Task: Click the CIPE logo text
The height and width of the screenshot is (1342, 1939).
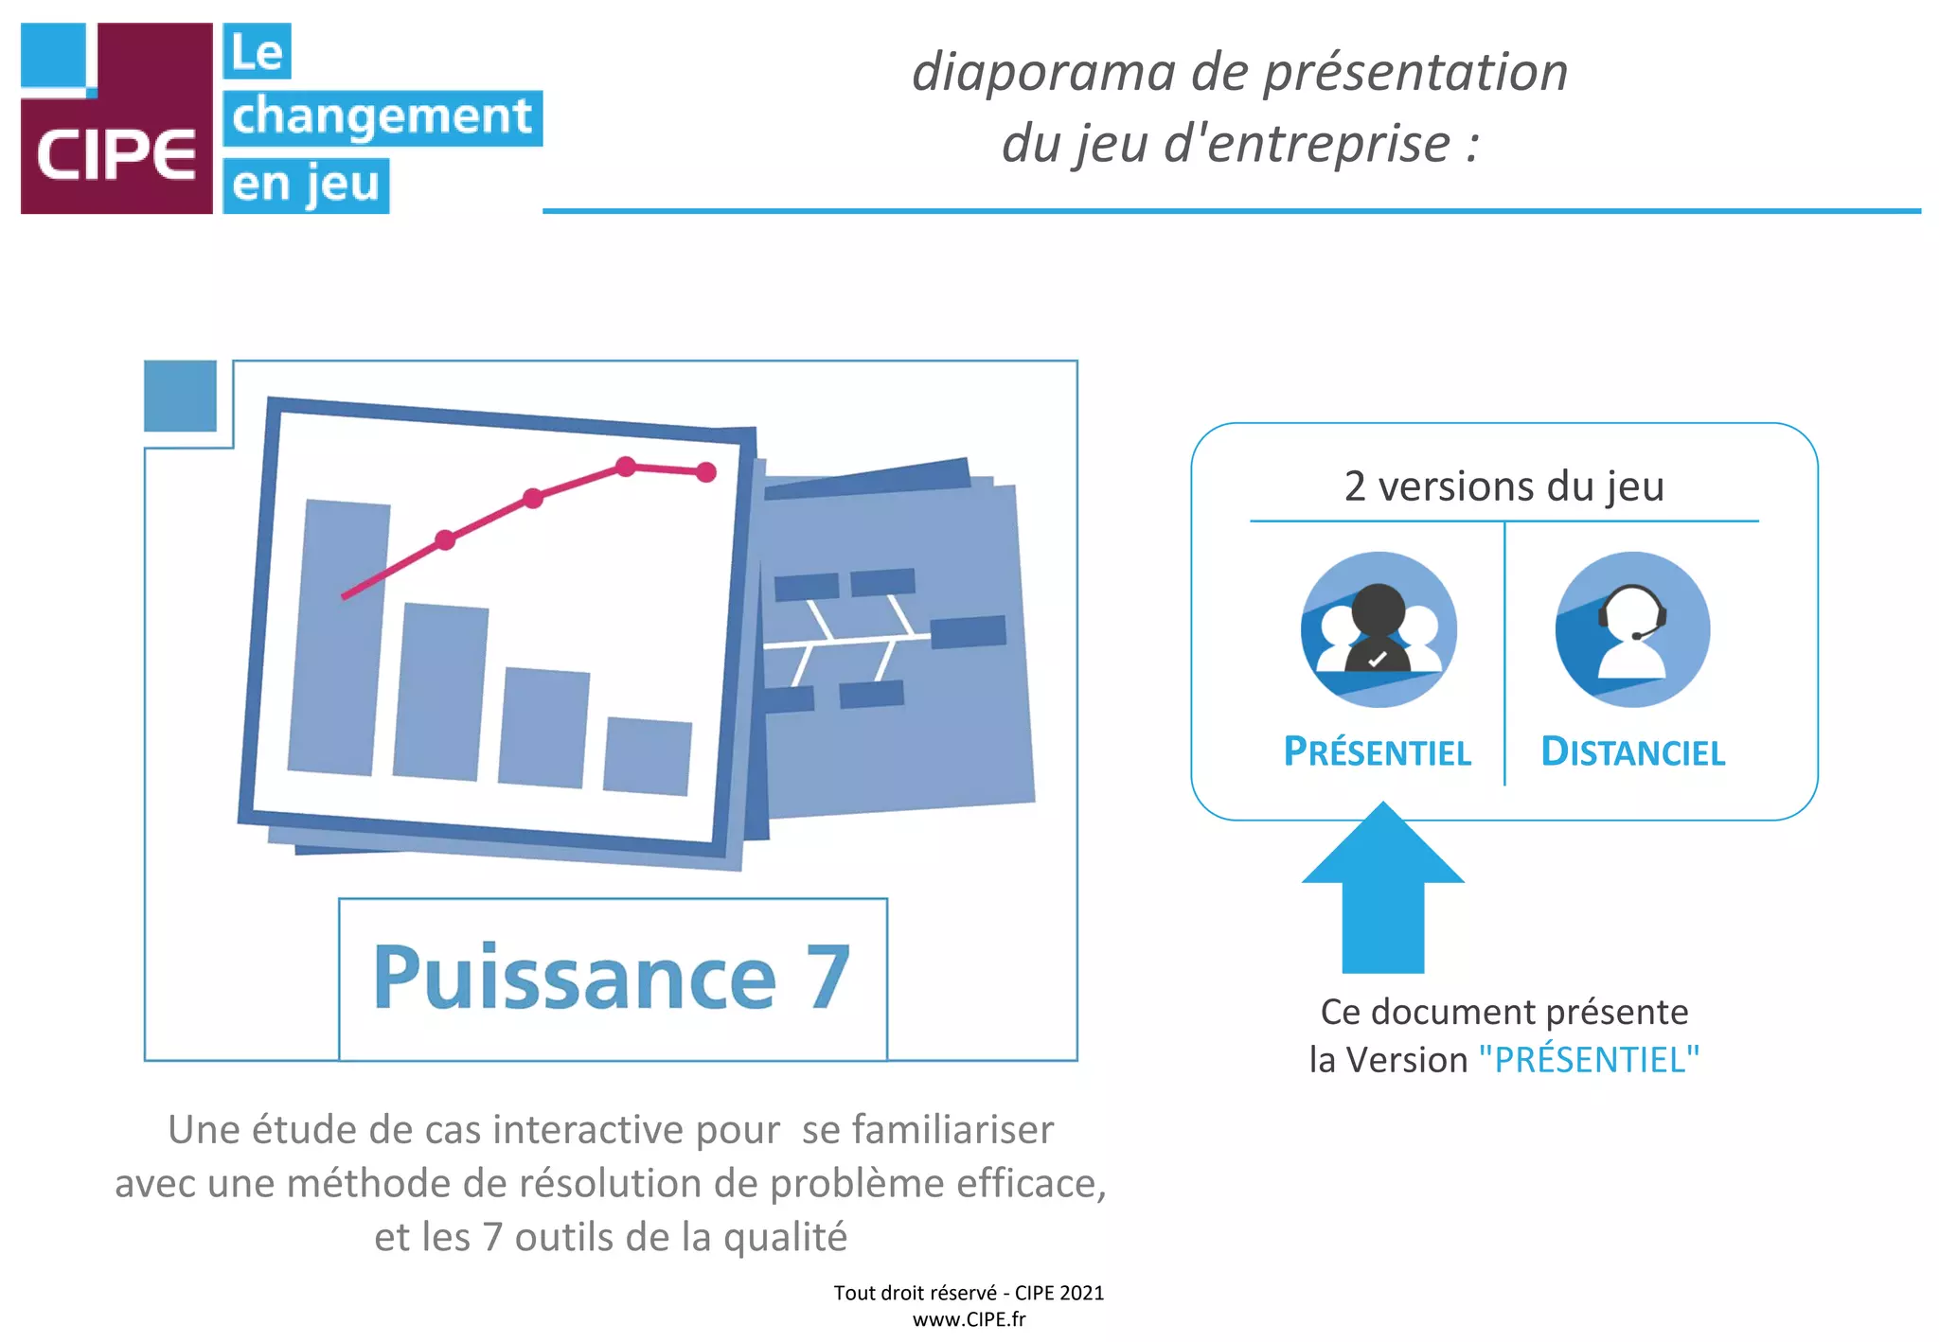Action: click(x=116, y=155)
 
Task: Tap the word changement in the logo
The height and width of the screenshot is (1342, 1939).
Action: click(x=382, y=117)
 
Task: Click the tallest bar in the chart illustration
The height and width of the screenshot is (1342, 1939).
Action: click(x=338, y=636)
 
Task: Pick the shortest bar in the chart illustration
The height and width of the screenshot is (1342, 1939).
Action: click(x=648, y=755)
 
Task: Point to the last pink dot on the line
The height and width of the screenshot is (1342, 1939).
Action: click(x=706, y=472)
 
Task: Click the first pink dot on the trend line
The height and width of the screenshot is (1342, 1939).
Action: click(x=445, y=539)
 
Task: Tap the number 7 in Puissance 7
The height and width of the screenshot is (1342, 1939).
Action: click(x=827, y=979)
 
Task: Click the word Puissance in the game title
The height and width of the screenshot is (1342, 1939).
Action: click(x=575, y=979)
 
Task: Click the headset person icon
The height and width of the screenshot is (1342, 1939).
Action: click(x=1632, y=629)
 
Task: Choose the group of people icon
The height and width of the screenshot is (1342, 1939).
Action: click(x=1379, y=629)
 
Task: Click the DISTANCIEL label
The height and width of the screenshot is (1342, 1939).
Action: click(x=1632, y=752)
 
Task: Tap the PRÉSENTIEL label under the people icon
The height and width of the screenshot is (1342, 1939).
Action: click(x=1378, y=752)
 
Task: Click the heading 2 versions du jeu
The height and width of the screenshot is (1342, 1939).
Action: click(x=1503, y=486)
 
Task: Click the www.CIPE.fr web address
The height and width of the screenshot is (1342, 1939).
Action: click(x=969, y=1319)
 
